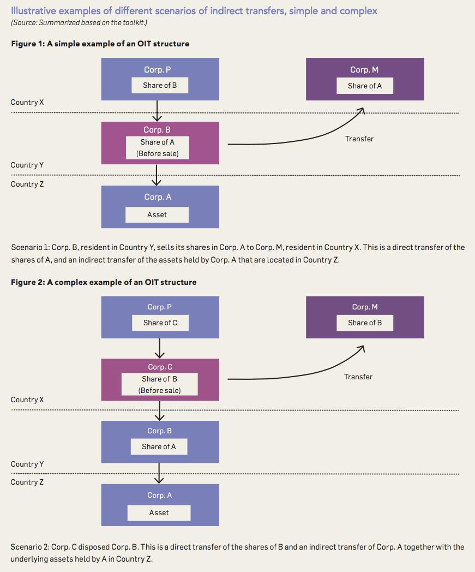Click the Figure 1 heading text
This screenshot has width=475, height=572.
click(x=100, y=44)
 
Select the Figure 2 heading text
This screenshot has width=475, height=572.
click(x=104, y=282)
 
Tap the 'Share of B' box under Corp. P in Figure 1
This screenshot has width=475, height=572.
click(x=160, y=85)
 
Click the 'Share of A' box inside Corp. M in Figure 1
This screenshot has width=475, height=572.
click(x=364, y=86)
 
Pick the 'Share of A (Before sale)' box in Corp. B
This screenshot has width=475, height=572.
click(x=158, y=148)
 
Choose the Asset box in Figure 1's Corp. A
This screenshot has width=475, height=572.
click(x=157, y=215)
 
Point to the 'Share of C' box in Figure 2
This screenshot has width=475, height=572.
click(x=160, y=323)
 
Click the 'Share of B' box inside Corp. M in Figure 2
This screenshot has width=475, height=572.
click(x=364, y=323)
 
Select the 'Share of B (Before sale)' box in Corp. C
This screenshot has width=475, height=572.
click(x=160, y=384)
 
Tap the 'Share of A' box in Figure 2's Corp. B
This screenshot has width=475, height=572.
click(x=159, y=446)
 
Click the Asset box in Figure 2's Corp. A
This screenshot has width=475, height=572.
click(x=159, y=513)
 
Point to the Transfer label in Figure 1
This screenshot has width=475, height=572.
click(x=359, y=139)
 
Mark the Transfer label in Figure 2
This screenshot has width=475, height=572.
click(x=358, y=377)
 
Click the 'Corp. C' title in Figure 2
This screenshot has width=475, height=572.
click(x=160, y=367)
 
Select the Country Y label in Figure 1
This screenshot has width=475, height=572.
click(x=27, y=165)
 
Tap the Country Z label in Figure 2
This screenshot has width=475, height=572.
click(x=27, y=482)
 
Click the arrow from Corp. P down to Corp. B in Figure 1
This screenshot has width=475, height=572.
click(x=157, y=111)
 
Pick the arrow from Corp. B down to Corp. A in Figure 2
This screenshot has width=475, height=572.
click(x=159, y=473)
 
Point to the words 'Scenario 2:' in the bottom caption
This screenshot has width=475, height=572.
click(x=30, y=547)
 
